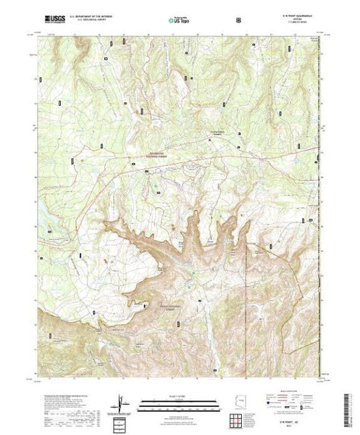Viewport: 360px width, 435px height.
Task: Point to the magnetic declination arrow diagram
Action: (120, 405)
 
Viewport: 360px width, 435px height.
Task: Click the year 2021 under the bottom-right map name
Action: (297, 427)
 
